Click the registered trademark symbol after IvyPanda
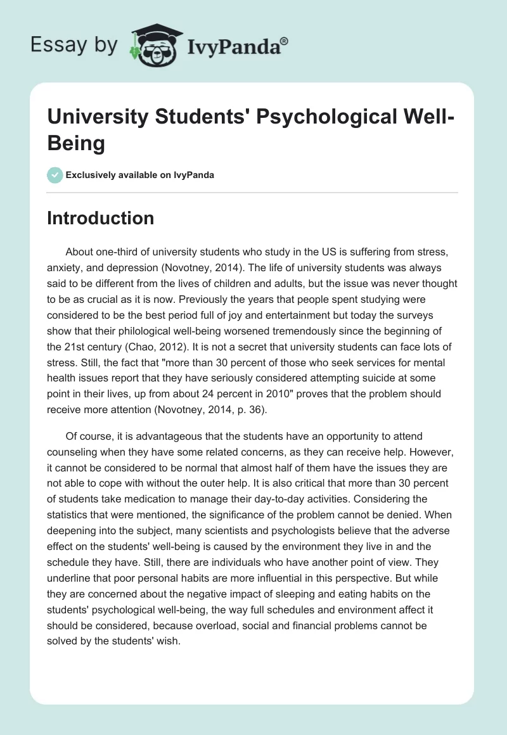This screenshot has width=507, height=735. click(285, 41)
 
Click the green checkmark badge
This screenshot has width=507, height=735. click(55, 175)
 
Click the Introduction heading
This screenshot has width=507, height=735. click(101, 218)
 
